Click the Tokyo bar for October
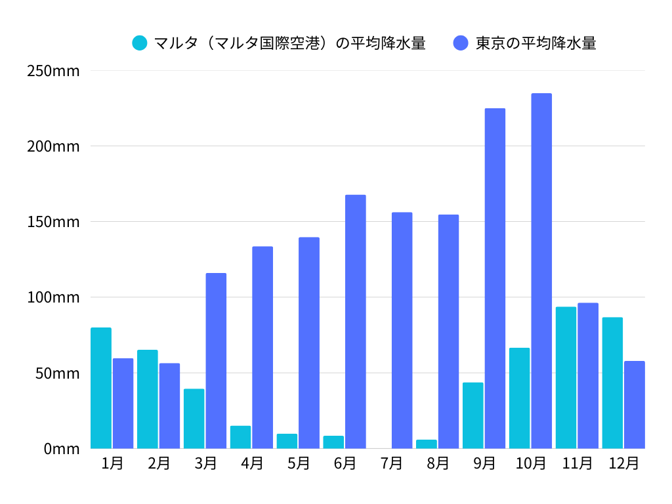click(x=541, y=271)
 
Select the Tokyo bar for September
click(x=495, y=278)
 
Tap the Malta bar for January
click(x=101, y=388)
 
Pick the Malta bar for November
click(x=566, y=377)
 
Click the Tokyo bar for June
click(x=356, y=322)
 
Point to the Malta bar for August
click(x=426, y=444)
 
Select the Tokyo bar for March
click(x=216, y=361)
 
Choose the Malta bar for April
click(x=240, y=437)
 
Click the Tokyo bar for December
click(x=635, y=405)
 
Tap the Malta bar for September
click(x=472, y=415)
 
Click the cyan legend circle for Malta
click(x=140, y=43)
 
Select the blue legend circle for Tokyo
click(x=461, y=43)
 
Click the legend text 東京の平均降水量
click(x=535, y=43)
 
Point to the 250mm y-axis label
click(x=53, y=70)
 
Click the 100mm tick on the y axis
click(x=53, y=297)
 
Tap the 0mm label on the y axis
click(x=62, y=449)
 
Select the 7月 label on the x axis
click(x=391, y=463)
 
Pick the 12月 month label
click(x=623, y=463)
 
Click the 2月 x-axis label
click(x=159, y=463)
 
